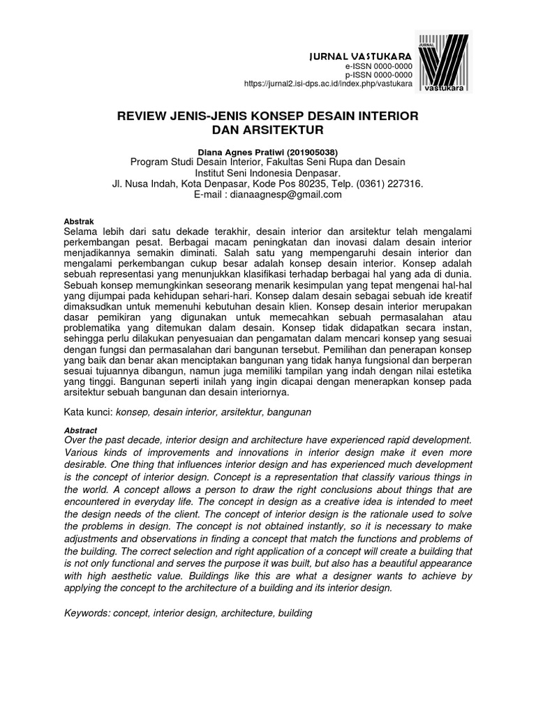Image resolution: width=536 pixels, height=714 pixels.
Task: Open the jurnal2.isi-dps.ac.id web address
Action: tap(328, 84)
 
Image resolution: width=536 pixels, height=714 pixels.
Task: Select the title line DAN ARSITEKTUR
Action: tap(267, 130)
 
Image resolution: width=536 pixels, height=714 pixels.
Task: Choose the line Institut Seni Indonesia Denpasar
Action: tap(267, 173)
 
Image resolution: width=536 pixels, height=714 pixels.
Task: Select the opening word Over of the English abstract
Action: tap(76, 440)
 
